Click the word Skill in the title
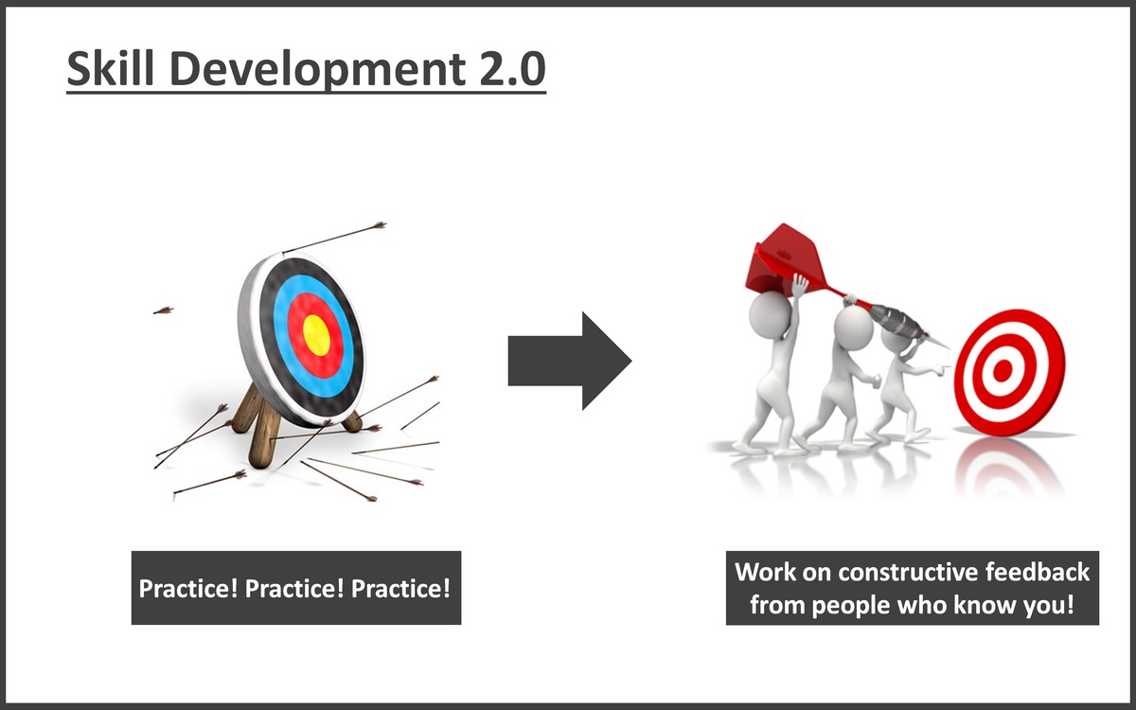(x=110, y=68)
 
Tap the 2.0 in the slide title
(x=512, y=69)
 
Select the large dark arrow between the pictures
(x=570, y=361)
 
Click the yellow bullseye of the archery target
(x=316, y=335)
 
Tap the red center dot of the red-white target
(x=1003, y=371)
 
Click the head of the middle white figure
(x=853, y=327)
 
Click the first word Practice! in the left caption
(x=188, y=589)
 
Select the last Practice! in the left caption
(x=400, y=589)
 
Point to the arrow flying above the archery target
(x=333, y=238)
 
